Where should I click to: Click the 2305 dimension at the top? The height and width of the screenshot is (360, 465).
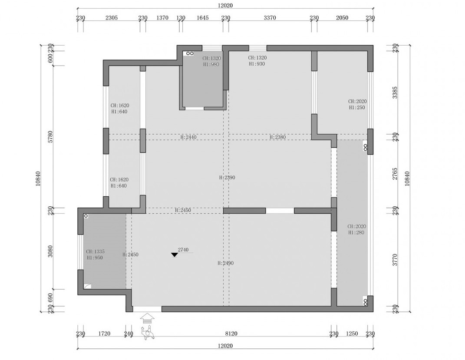coord(112,18)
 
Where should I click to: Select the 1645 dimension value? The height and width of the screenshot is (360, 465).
coord(203,18)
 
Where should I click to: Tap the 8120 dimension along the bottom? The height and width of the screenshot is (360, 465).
coord(231,334)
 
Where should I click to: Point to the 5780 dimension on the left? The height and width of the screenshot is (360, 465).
coord(50,137)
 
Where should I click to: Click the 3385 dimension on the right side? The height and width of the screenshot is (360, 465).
coord(395,92)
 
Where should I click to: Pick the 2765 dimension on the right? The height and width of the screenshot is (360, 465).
coord(395,174)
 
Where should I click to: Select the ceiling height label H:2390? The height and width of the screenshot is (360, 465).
coord(227,178)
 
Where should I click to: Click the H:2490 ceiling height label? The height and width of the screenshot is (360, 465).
coord(225,263)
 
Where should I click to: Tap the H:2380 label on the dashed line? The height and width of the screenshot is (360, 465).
coord(277,137)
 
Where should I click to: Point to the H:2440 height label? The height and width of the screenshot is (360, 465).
coord(188,137)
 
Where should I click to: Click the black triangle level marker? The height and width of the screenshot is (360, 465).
coord(175,254)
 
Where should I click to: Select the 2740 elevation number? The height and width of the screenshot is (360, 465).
coord(183,250)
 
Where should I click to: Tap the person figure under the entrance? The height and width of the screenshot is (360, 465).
coord(147,333)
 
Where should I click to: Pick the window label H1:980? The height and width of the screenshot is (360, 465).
coord(211,64)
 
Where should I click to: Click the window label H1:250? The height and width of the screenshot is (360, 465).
coord(357,108)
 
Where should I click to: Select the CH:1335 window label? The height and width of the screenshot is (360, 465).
coord(95,251)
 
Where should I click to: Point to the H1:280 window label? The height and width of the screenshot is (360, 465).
coord(356,232)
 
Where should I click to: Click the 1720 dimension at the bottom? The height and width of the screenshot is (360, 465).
coord(104,334)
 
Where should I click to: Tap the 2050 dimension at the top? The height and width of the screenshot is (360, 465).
coord(342,18)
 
